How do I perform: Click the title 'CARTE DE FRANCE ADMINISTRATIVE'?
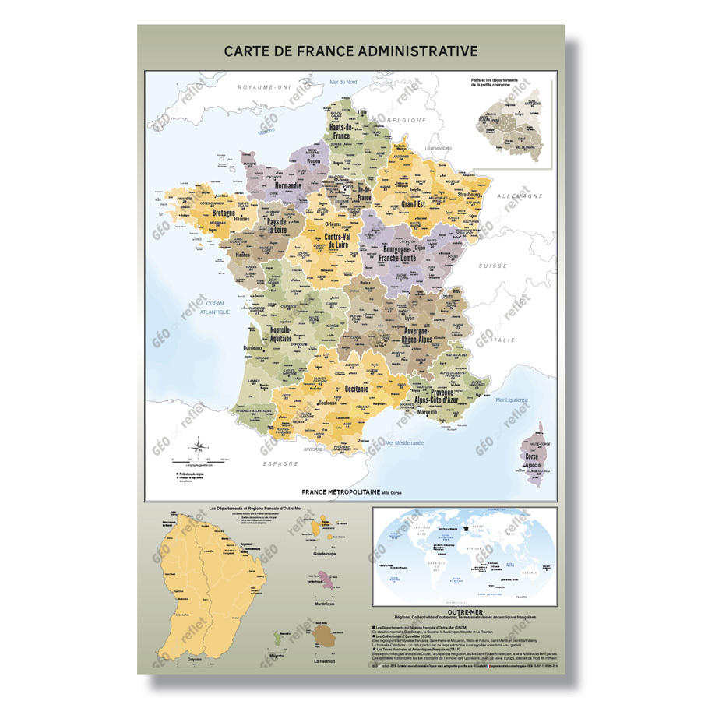[350, 51]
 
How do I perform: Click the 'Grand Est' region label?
[418, 204]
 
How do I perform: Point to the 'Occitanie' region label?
[351, 387]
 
